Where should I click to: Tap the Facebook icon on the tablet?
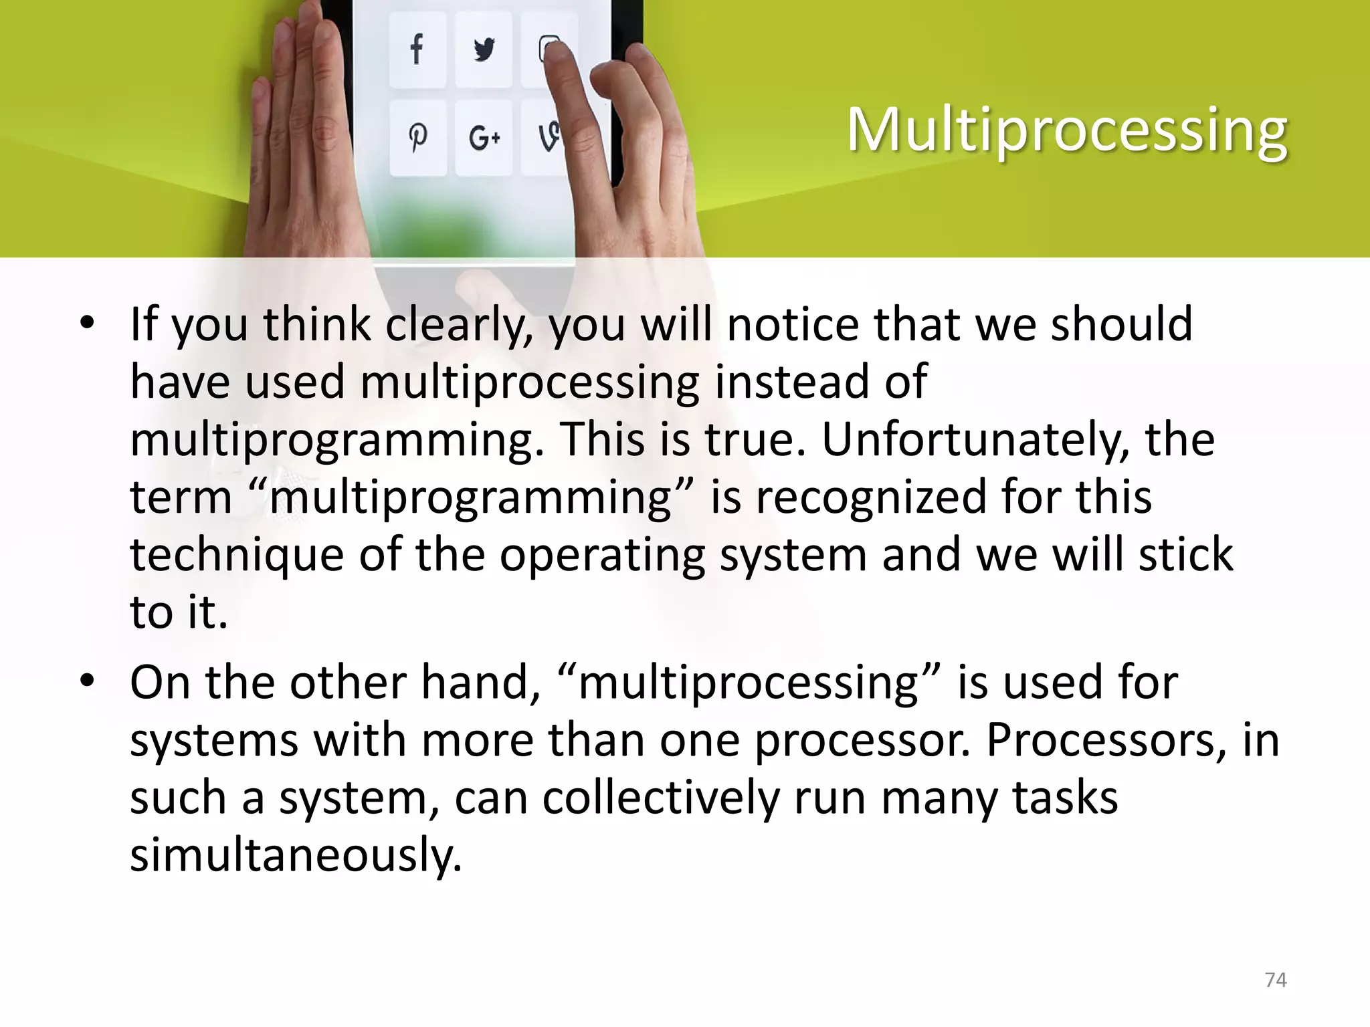pos(417,50)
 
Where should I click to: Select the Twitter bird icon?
pos(484,50)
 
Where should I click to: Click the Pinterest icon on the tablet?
pos(417,138)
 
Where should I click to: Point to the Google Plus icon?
pos(484,138)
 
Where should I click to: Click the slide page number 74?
pos(1276,980)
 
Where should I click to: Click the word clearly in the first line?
pos(460,325)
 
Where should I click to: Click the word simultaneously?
pos(296,855)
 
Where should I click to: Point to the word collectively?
pos(661,798)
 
